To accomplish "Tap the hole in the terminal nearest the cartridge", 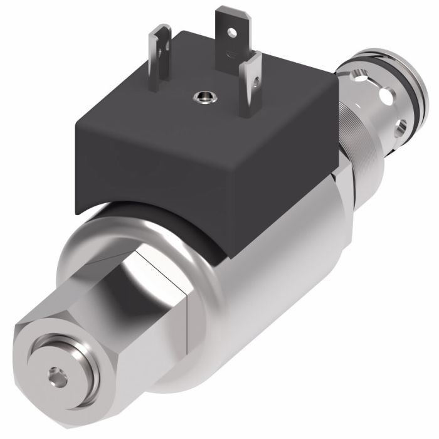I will (256, 80).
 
